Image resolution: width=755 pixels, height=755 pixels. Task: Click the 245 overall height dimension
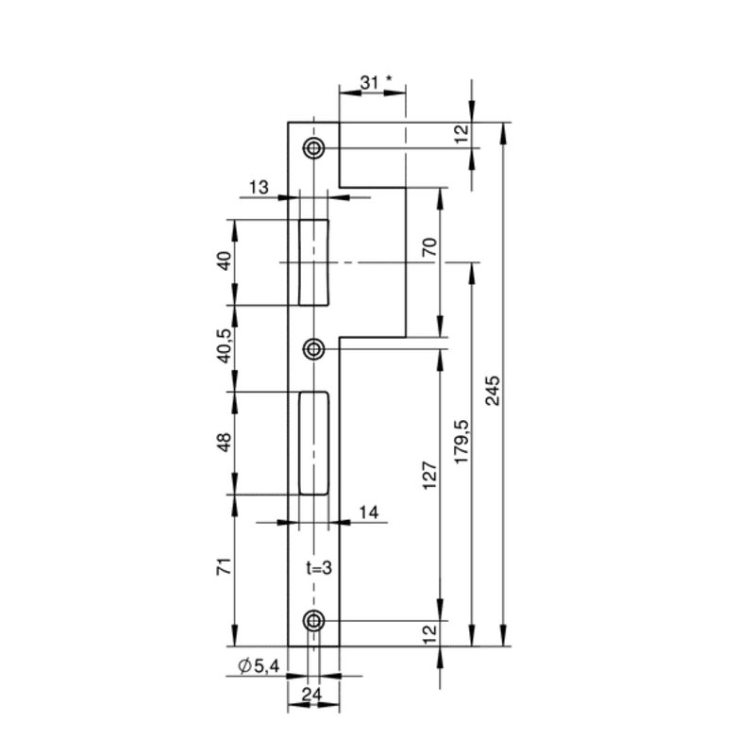493,391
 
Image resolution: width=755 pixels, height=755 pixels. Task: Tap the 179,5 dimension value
461,442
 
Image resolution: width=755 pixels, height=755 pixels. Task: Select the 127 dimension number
429,476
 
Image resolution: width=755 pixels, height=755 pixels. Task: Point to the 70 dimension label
429,246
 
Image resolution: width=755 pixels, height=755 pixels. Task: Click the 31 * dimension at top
376,83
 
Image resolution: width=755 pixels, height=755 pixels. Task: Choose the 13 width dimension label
259,187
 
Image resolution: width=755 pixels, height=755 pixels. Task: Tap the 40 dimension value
225,261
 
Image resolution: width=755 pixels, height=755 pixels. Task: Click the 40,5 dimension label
225,345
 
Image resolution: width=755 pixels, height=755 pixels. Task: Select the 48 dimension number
225,442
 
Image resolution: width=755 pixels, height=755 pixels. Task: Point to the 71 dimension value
225,566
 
